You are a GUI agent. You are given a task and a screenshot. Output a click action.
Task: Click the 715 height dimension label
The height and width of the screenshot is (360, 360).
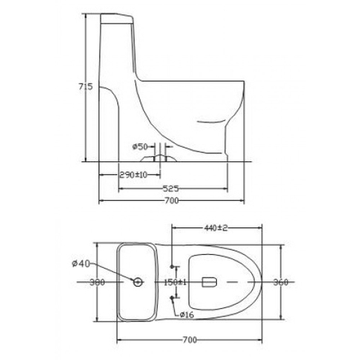pos(85,87)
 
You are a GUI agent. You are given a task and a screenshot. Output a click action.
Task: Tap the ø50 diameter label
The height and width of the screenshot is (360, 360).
pos(140,146)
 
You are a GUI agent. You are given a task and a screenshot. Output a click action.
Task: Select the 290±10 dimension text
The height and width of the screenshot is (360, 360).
pos(133,175)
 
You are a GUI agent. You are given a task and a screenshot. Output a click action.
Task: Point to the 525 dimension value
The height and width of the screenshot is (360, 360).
pos(171,188)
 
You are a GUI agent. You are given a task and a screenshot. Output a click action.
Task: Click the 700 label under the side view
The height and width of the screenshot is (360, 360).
pos(172,200)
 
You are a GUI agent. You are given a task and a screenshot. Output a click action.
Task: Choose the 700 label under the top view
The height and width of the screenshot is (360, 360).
pos(190,340)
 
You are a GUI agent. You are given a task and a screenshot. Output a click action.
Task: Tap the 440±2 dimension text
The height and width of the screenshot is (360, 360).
pos(216,228)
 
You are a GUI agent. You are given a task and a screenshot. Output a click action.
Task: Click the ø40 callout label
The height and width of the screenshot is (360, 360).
pos(81,263)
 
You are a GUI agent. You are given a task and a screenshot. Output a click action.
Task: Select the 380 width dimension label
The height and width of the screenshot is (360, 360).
pos(97,282)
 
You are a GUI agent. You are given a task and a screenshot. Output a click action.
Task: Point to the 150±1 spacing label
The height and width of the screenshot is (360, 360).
pos(175,283)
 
